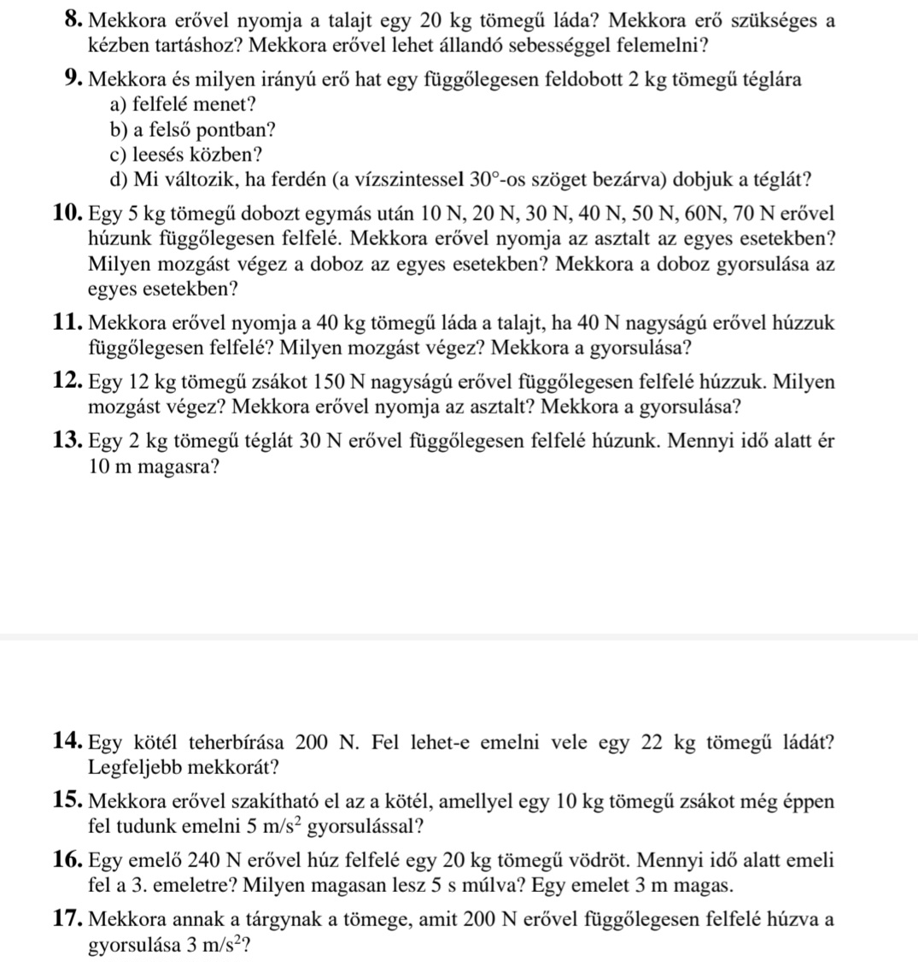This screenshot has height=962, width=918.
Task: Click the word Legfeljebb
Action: click(133, 766)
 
